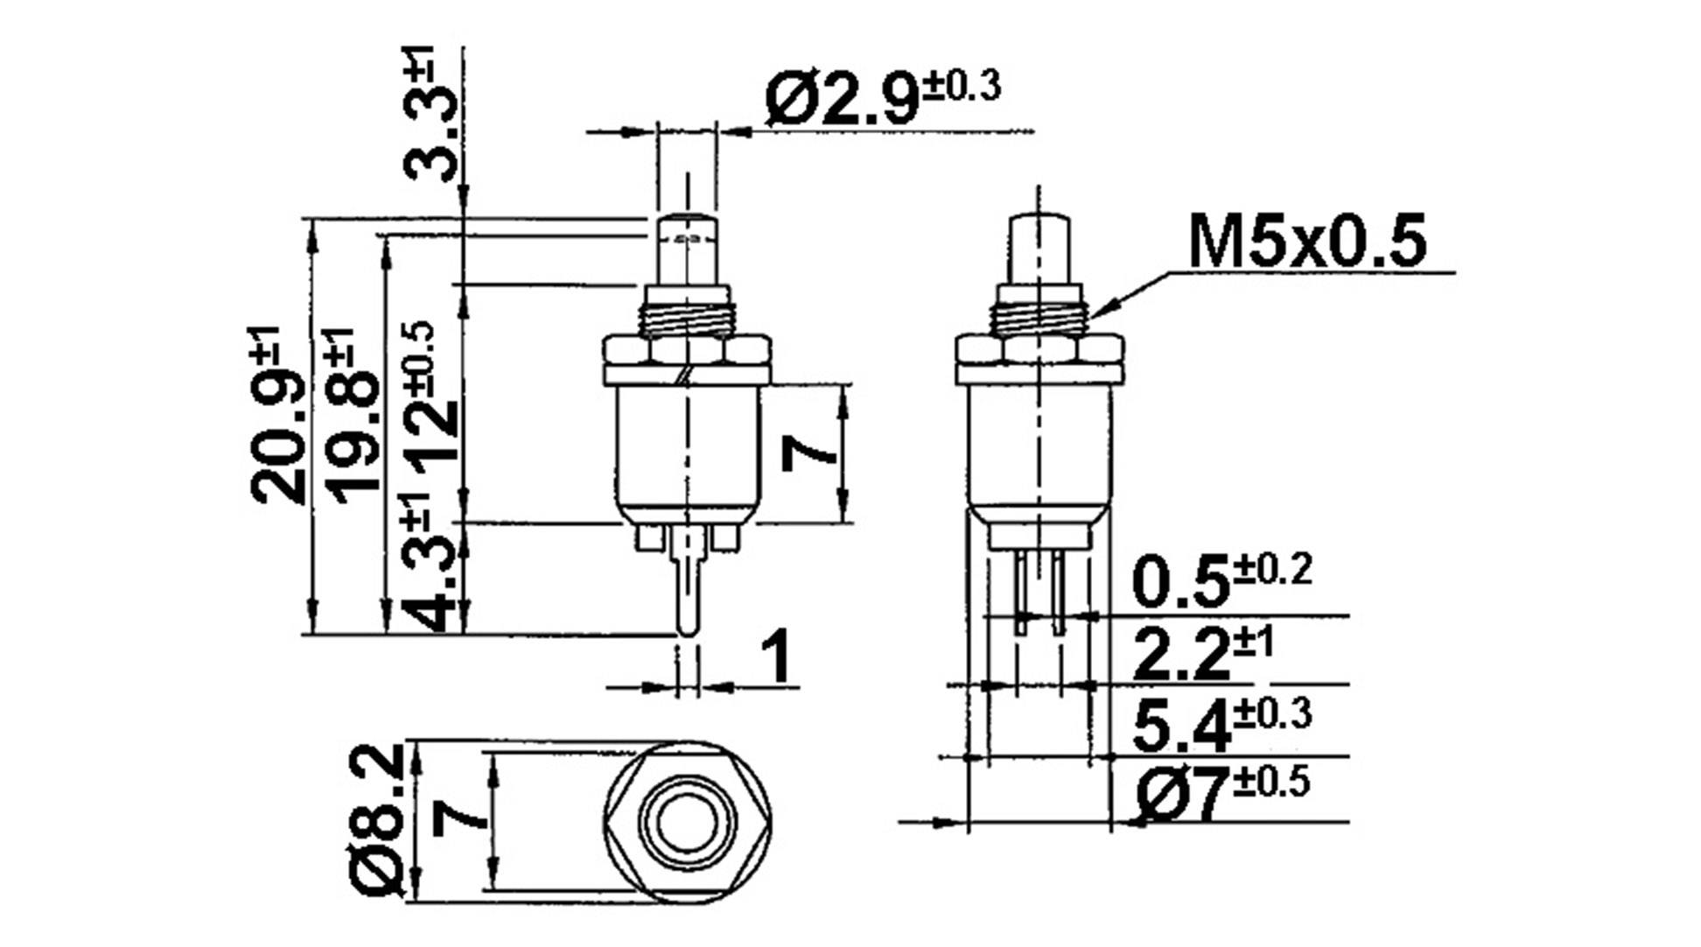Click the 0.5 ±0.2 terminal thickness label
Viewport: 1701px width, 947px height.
(x=1221, y=581)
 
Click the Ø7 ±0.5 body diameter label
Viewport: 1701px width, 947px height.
(x=1221, y=793)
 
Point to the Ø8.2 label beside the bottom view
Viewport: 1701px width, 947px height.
(x=378, y=820)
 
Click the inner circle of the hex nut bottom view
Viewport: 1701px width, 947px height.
(x=688, y=821)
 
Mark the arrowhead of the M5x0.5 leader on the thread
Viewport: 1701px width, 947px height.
(x=1095, y=312)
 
